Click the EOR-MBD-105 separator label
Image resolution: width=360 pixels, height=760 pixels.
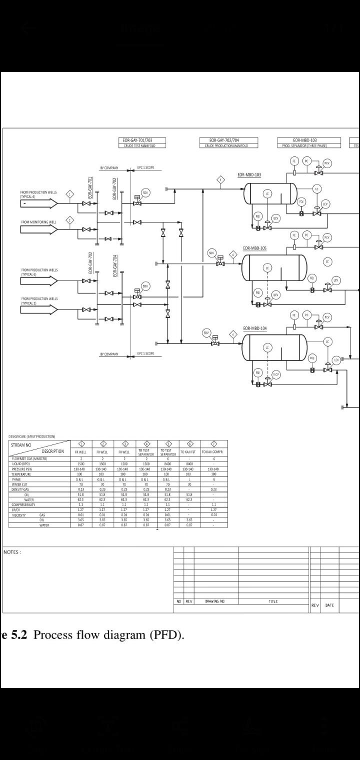tap(254, 248)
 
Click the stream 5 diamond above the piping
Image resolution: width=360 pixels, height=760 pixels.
tap(220, 179)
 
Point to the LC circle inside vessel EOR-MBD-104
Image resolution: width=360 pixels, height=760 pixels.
tap(267, 347)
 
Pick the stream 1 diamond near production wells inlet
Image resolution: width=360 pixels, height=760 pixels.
tap(70, 194)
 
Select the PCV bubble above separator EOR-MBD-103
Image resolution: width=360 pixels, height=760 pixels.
tap(327, 163)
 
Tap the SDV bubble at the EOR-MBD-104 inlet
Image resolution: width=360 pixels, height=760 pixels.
tap(206, 332)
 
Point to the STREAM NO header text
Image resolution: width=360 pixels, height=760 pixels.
tap(21, 444)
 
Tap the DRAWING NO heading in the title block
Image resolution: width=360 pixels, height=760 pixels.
tap(215, 601)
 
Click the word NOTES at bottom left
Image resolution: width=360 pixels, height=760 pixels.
tap(12, 552)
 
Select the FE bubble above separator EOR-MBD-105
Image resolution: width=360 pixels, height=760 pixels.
tap(294, 235)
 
